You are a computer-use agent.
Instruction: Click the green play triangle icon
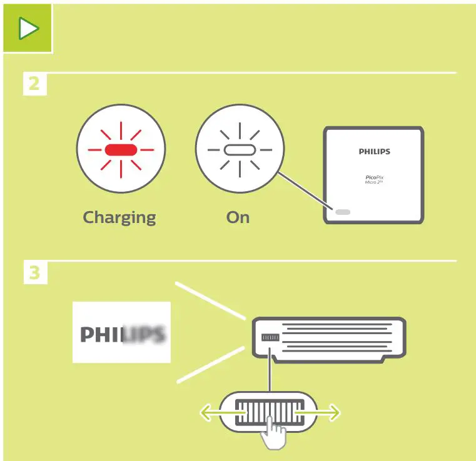(x=28, y=27)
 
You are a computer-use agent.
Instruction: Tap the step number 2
(x=34, y=84)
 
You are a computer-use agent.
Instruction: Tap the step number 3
(x=34, y=274)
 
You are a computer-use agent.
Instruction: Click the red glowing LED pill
(x=121, y=150)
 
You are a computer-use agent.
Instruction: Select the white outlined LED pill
(x=240, y=150)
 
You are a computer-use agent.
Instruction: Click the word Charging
(x=119, y=217)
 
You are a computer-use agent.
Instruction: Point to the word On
(x=238, y=217)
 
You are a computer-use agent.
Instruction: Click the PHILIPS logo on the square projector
(x=374, y=151)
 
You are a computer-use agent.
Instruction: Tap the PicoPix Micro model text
(x=374, y=179)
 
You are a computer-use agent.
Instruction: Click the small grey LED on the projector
(x=343, y=212)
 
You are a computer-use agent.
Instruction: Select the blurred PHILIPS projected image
(x=122, y=332)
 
